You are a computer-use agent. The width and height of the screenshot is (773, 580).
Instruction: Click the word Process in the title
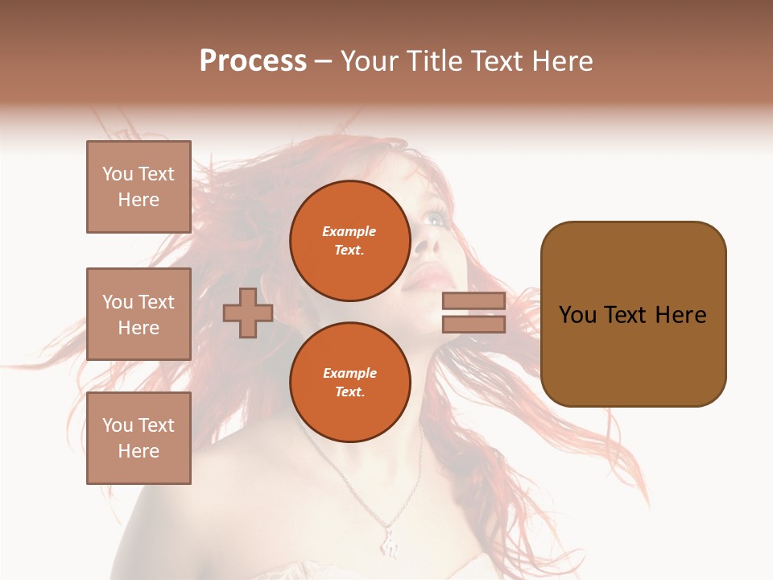tap(253, 61)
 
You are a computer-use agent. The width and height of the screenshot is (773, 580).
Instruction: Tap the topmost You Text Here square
tap(138, 187)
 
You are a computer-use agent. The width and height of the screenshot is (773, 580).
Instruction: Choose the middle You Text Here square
tap(138, 314)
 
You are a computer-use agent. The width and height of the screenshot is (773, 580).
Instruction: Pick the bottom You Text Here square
tap(138, 438)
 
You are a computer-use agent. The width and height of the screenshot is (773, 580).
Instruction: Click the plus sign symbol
tap(248, 313)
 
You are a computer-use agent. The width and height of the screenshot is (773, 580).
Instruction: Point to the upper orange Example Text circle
tap(349, 240)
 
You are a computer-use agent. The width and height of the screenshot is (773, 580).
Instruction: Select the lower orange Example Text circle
tap(349, 382)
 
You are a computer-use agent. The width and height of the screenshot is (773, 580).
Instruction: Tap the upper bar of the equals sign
tap(473, 300)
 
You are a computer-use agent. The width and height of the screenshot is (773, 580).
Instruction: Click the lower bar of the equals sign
tap(473, 324)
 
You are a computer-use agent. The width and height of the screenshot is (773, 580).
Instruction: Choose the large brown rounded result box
tap(633, 314)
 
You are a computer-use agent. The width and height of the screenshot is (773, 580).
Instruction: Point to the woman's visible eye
tap(436, 217)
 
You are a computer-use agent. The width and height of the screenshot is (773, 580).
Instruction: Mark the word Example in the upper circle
tap(349, 231)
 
